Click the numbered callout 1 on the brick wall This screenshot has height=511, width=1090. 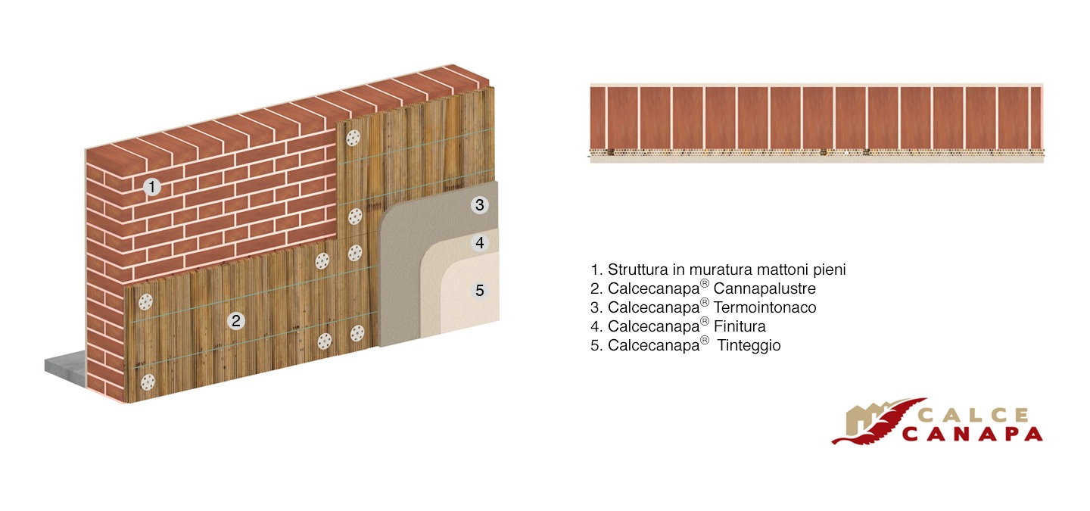[152, 186]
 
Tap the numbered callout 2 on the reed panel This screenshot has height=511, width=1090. [236, 321]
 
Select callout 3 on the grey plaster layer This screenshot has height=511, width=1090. [480, 205]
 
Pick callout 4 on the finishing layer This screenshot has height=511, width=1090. [480, 242]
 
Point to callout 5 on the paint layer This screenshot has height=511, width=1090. [480, 291]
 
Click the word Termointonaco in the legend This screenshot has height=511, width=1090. [765, 307]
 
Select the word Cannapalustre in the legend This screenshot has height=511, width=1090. [765, 288]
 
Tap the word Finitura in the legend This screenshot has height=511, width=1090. [740, 326]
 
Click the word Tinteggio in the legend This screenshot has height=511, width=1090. [749, 345]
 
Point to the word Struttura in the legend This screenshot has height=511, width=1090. [638, 270]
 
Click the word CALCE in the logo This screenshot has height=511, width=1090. [973, 416]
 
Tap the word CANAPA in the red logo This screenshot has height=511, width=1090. [972, 434]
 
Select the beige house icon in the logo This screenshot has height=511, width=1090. [864, 419]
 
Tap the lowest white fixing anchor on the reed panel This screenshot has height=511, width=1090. [148, 382]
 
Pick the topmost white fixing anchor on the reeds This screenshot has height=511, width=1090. [353, 139]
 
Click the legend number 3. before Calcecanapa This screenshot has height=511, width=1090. [596, 308]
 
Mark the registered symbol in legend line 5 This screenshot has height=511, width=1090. [705, 340]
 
